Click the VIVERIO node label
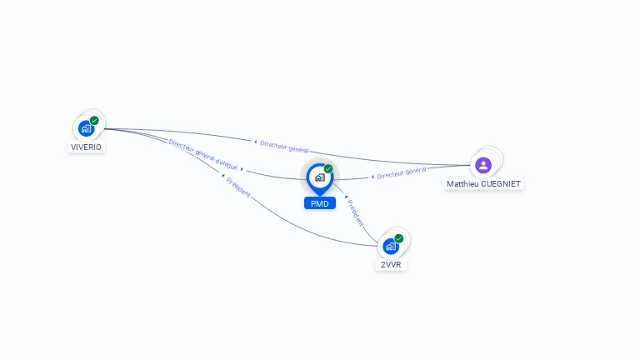tap(87, 147)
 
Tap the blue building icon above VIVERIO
tap(86, 128)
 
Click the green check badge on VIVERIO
tap(94, 121)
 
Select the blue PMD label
tap(319, 203)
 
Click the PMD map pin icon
tap(319, 177)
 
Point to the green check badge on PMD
tap(328, 169)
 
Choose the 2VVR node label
tap(390, 264)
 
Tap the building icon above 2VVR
tap(390, 246)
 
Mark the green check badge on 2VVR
tap(399, 238)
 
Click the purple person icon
tap(482, 164)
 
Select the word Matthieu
tap(462, 183)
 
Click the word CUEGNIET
tap(500, 183)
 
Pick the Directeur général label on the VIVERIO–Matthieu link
tap(285, 146)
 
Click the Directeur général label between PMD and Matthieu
tap(402, 173)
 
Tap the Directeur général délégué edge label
tap(203, 152)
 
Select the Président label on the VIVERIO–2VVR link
tap(239, 186)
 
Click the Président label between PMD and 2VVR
tap(356, 213)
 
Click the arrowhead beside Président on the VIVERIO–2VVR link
tap(222, 176)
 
